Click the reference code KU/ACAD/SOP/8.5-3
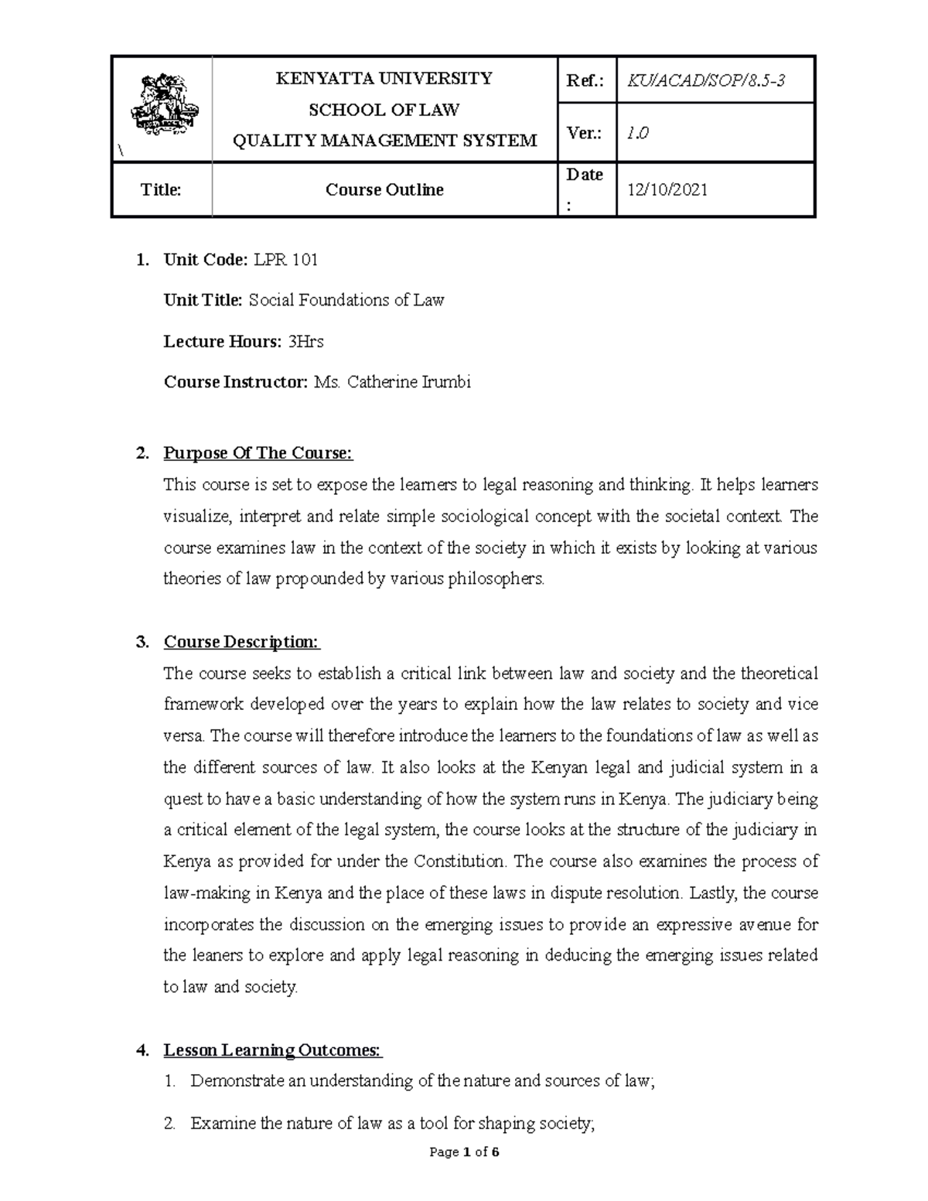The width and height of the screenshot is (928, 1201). (707, 80)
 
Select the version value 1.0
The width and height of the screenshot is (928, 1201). (638, 133)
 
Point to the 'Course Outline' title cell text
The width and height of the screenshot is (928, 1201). (384, 189)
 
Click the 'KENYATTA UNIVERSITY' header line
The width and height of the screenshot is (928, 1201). (384, 78)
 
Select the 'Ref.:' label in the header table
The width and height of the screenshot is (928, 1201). (585, 80)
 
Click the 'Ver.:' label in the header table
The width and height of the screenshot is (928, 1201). (585, 133)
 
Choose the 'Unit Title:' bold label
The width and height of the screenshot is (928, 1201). (203, 300)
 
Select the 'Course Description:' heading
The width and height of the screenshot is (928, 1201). (241, 642)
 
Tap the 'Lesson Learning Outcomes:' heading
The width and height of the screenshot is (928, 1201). (272, 1050)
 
